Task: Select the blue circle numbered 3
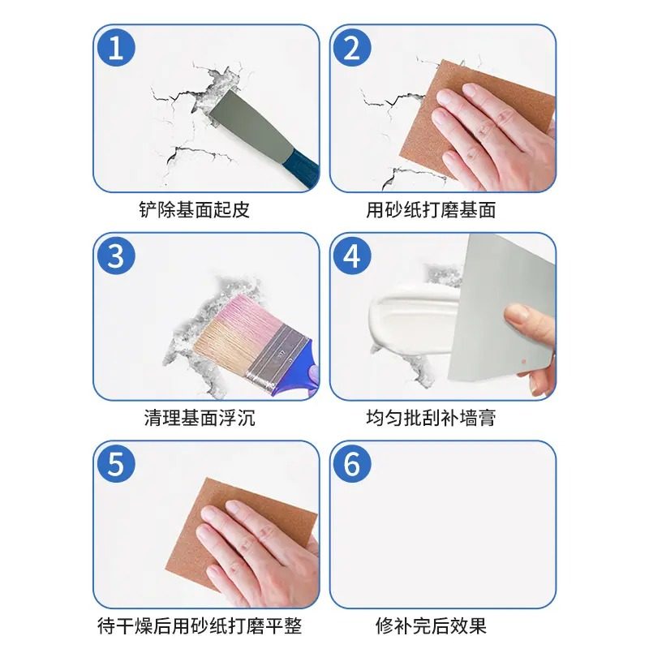(x=116, y=256)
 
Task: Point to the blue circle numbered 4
(x=351, y=256)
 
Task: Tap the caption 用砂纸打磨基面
(x=431, y=210)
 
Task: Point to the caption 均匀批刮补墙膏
(x=431, y=419)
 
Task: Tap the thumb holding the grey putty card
(x=523, y=316)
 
